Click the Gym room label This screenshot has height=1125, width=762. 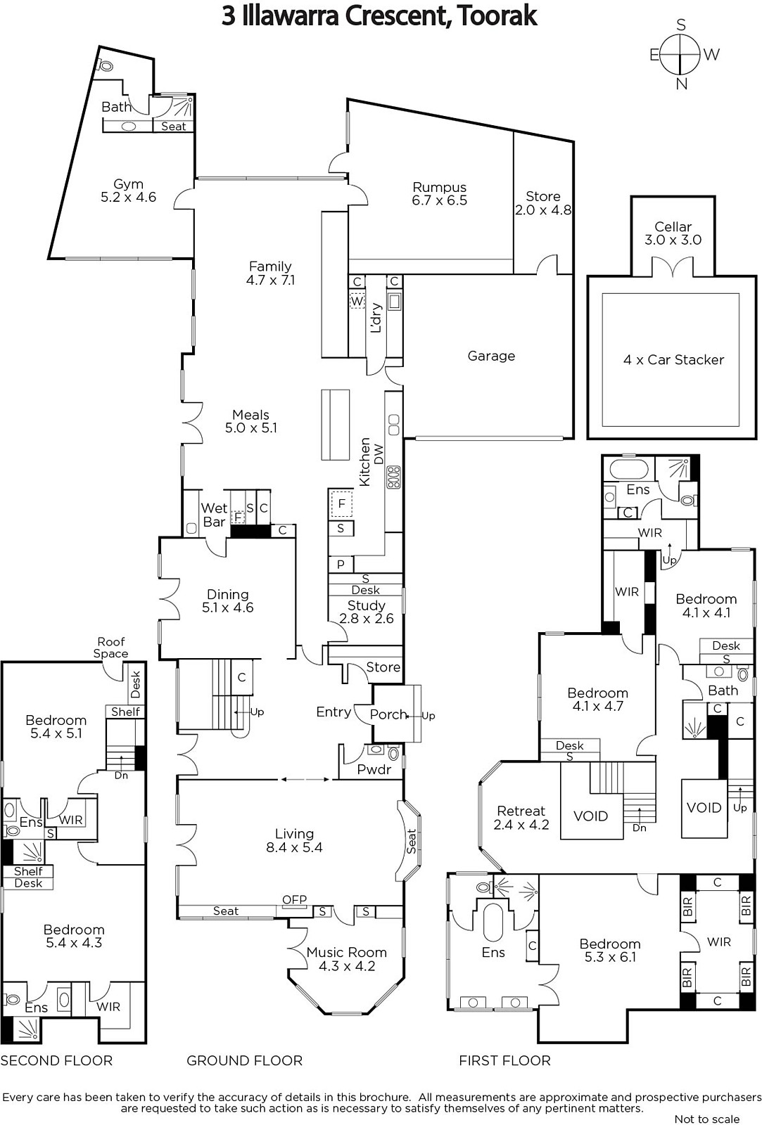tap(128, 191)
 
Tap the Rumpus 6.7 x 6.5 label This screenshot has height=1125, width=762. tap(439, 194)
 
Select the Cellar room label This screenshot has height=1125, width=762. tap(673, 233)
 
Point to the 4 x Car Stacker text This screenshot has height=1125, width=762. tap(673, 359)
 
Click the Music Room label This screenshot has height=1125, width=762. tap(347, 959)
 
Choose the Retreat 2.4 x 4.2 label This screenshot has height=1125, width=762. tap(521, 818)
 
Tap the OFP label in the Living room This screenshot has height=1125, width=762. tap(294, 899)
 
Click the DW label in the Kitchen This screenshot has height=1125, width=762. tap(379, 454)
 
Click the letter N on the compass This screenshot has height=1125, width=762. tap(682, 84)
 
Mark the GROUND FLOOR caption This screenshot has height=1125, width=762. tap(244, 1061)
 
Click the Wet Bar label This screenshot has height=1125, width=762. tap(214, 515)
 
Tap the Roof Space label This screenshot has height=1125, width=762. tap(110, 648)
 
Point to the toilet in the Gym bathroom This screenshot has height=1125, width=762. tap(106, 65)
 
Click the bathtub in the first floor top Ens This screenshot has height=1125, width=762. tap(629, 470)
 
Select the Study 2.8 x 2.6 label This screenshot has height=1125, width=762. tap(366, 612)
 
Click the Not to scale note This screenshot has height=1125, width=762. tap(706, 1119)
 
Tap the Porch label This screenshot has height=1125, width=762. tap(388, 714)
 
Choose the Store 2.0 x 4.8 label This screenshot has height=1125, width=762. tap(543, 203)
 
